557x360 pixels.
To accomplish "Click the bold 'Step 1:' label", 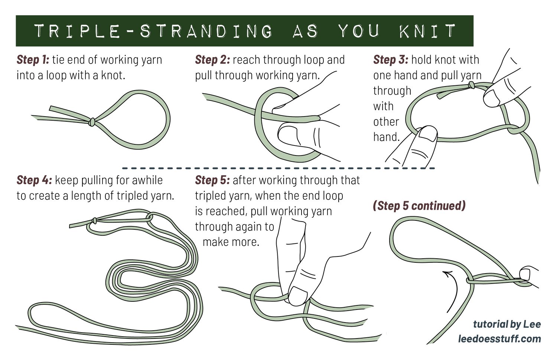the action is point(33,60).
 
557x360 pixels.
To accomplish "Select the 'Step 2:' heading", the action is point(212,60).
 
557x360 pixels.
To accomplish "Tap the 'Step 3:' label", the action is point(391,60).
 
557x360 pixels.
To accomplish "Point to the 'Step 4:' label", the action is point(34,180).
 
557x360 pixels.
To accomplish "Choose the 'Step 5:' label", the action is point(212,180).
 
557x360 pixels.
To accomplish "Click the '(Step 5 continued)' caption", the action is point(419,206).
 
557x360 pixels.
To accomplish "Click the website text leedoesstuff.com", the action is point(499,339).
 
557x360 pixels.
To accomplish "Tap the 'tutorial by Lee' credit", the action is point(507,324).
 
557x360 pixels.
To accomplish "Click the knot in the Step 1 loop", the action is point(92,122).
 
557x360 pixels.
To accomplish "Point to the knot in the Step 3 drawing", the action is point(471,85).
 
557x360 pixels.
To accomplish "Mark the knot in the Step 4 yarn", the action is point(94,220).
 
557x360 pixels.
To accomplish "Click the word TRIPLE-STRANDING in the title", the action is point(153,31).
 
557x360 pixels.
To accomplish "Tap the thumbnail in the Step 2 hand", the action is point(287,135).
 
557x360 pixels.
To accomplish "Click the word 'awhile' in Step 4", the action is point(147,180).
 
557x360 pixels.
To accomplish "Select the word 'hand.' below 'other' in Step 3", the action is point(387,137).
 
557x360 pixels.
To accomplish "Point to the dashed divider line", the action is point(278,168).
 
